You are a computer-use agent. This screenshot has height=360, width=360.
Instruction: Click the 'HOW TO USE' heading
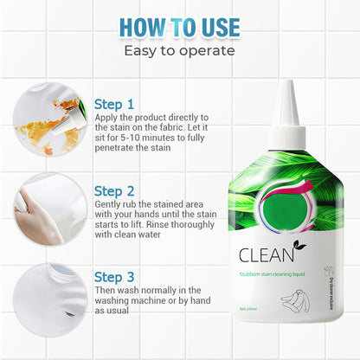[179, 27]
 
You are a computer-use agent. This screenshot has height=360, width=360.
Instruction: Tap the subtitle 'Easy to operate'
[179, 50]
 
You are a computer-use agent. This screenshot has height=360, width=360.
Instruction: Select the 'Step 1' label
[113, 103]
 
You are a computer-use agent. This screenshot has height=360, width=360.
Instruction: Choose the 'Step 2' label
[114, 190]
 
